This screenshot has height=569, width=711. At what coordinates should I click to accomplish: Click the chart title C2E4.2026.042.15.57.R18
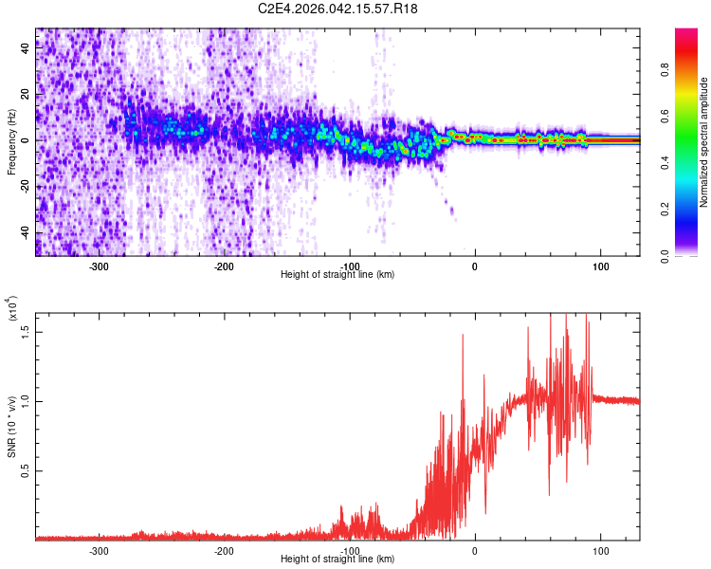pos(338,9)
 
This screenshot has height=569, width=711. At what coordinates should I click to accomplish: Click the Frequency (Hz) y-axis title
pos(11,142)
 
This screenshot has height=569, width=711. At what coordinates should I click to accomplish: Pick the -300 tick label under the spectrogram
pos(99,266)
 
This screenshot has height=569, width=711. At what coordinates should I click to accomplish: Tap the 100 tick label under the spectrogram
pos(600,266)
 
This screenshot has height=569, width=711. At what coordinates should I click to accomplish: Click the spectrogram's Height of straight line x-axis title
pos(337,275)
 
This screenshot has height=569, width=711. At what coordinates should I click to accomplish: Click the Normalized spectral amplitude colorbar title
pos(704,142)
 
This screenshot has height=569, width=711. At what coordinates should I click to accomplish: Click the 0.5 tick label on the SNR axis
pos(27,469)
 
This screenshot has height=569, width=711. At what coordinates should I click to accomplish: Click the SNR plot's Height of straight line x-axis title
pos(337,559)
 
